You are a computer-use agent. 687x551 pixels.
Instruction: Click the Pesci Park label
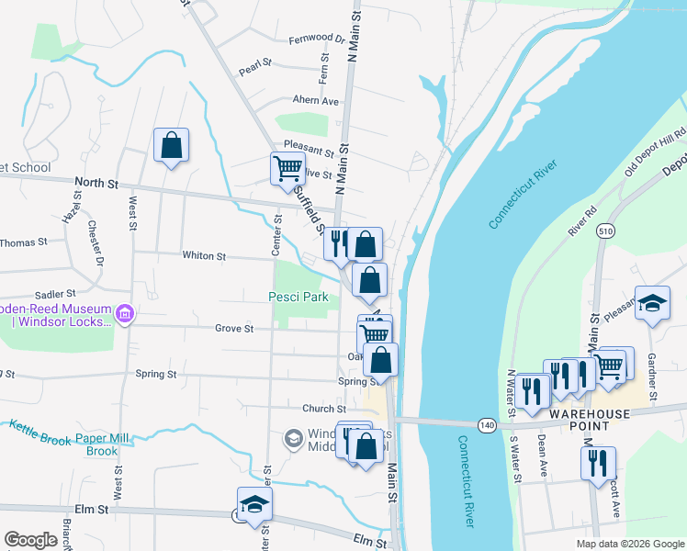298,298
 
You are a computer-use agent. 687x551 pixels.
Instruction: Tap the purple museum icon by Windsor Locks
126,315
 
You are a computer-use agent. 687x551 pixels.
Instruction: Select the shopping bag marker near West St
171,146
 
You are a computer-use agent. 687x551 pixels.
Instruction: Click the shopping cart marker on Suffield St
287,169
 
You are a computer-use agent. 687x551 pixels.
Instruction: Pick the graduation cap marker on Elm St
254,505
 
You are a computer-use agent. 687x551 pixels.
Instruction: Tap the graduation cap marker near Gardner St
652,304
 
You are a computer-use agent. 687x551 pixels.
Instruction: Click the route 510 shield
603,230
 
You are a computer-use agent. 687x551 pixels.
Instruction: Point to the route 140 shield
487,423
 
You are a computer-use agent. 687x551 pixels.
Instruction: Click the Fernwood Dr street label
316,39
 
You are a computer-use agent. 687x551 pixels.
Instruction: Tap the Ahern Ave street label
315,101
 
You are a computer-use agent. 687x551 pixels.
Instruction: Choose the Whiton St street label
204,256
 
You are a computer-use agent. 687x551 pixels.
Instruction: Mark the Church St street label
321,409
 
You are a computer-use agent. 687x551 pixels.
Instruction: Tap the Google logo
30,540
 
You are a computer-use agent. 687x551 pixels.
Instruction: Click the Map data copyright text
629,544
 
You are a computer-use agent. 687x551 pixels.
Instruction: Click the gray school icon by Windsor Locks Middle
293,438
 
